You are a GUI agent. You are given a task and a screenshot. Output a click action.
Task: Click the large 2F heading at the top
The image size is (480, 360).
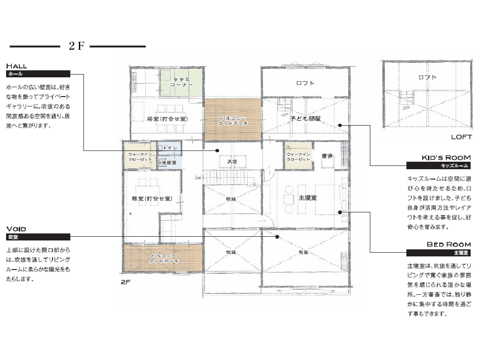coord(76,46)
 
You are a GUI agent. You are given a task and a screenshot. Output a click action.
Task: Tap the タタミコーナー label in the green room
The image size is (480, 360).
coord(181,82)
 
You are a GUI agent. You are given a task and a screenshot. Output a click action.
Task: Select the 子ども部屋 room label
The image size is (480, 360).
coord(305,119)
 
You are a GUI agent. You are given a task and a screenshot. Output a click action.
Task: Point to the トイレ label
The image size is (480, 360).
coord(170,148)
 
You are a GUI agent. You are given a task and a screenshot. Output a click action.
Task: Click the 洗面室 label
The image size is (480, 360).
coord(169,163)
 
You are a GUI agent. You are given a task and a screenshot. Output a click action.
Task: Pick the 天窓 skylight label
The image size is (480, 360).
coord(232,162)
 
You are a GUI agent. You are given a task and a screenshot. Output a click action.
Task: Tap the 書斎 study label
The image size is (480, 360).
coord(327,156)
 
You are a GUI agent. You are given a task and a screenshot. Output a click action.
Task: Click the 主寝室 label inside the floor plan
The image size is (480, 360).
coord(307,198)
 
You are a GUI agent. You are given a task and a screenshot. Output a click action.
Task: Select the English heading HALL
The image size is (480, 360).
coord(16,66)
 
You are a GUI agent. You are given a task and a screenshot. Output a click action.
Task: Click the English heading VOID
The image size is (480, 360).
coord(16,229)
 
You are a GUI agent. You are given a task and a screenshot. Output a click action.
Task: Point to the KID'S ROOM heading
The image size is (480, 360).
coord(446,157)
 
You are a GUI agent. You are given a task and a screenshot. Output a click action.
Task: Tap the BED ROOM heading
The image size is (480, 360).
coord(449,245)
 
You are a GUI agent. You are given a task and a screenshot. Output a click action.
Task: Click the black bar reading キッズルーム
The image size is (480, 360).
coord(438,165)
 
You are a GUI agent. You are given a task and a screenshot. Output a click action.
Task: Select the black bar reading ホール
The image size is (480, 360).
coord(38,74)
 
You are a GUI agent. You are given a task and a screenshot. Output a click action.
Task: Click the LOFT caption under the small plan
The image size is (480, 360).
coord(461,137)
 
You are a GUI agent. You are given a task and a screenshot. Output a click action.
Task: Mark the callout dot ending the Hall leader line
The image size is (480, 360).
coord(217,150)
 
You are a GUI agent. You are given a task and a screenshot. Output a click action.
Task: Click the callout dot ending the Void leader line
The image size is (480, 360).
coord(277,237)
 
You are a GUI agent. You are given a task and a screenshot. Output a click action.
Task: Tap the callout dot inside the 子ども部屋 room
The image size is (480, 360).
coord(340,125)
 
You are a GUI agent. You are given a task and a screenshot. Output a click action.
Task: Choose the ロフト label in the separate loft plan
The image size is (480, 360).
coord(427,77)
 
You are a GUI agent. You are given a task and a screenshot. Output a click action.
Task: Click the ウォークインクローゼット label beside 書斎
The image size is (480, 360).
coord(298,157)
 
